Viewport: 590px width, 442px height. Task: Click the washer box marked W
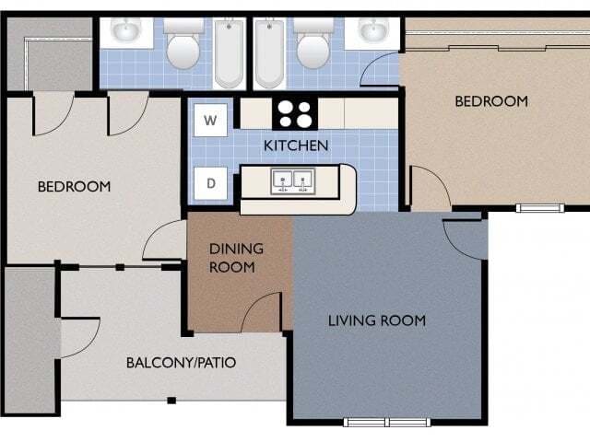211,120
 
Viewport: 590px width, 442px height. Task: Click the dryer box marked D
211,182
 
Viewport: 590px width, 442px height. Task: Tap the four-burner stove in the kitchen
296,114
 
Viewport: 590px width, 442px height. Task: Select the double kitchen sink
292,180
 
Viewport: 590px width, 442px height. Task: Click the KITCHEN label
296,145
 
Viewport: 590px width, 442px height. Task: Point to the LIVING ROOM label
377,320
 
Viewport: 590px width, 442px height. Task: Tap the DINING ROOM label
236,258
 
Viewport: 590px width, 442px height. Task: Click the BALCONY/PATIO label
181,362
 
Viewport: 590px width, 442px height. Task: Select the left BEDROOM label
74,187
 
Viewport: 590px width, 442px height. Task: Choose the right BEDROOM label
491,101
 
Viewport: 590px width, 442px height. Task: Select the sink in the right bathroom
373,32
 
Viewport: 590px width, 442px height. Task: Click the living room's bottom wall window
386,423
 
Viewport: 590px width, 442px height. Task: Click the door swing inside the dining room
263,313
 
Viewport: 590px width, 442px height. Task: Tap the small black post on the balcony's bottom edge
171,401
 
